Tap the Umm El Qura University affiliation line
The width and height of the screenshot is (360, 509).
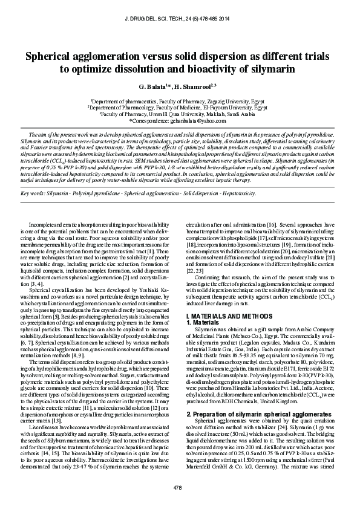(180, 114)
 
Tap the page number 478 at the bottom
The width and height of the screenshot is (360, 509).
(178, 487)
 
